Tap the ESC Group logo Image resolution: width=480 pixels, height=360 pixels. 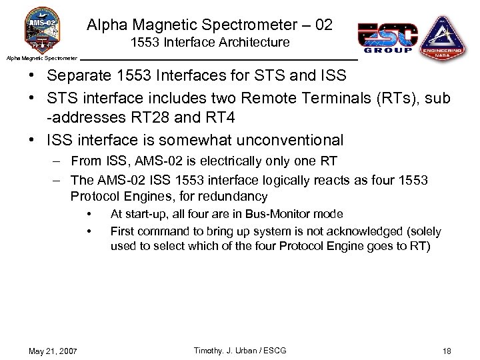point(387,37)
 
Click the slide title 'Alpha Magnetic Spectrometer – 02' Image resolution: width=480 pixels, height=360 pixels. point(209,25)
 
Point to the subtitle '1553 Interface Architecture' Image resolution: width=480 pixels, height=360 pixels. point(210,43)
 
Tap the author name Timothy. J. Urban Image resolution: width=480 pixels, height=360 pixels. point(220,351)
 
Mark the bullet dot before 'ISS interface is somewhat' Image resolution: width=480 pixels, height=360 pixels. point(31,140)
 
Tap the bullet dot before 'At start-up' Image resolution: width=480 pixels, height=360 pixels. point(89,214)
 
